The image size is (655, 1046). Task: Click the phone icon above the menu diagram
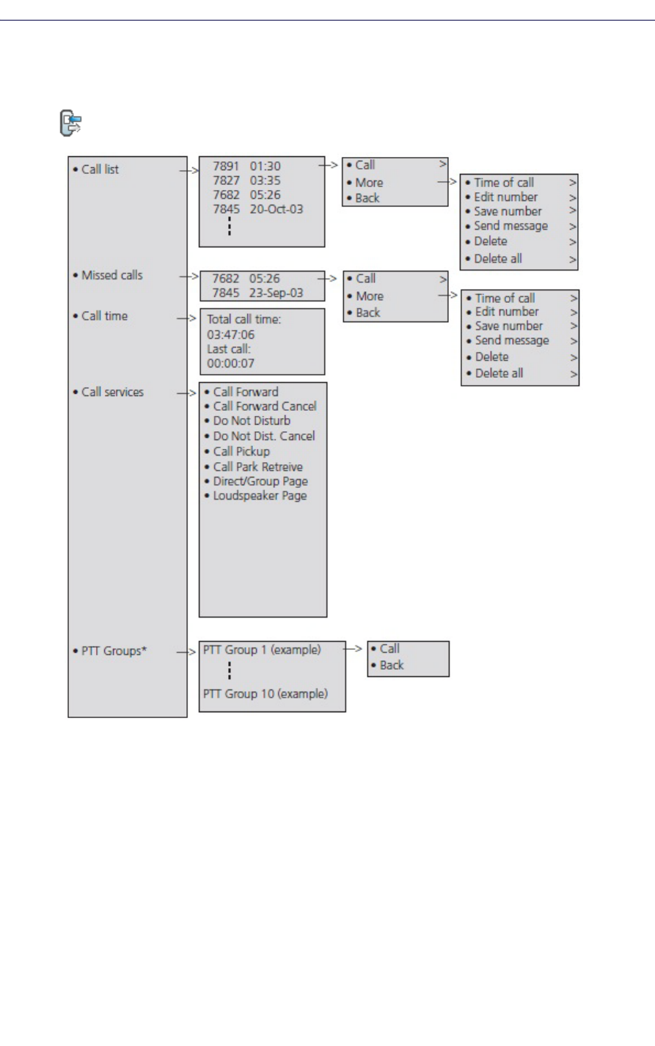click(x=70, y=123)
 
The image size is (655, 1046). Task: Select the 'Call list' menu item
click(x=100, y=169)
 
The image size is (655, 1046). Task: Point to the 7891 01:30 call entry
click(x=246, y=167)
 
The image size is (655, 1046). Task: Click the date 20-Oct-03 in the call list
click(x=276, y=209)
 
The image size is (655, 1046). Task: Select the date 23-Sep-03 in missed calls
click(x=276, y=293)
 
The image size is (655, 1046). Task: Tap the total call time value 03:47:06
click(x=230, y=334)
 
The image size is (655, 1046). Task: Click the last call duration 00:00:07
click(x=230, y=363)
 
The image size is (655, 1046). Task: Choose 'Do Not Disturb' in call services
click(x=252, y=421)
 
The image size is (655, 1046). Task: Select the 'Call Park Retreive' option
click(x=257, y=467)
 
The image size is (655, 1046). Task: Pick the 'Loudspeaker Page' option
click(x=260, y=496)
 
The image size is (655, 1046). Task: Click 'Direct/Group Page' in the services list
click(x=260, y=481)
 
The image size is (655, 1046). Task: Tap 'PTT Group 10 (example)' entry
click(x=266, y=694)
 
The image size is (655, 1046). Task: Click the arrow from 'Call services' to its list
click(x=188, y=393)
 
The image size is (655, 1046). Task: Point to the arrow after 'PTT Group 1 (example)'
click(x=354, y=649)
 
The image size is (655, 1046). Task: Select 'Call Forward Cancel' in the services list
click(x=265, y=406)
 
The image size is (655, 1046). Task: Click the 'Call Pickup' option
click(x=241, y=451)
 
